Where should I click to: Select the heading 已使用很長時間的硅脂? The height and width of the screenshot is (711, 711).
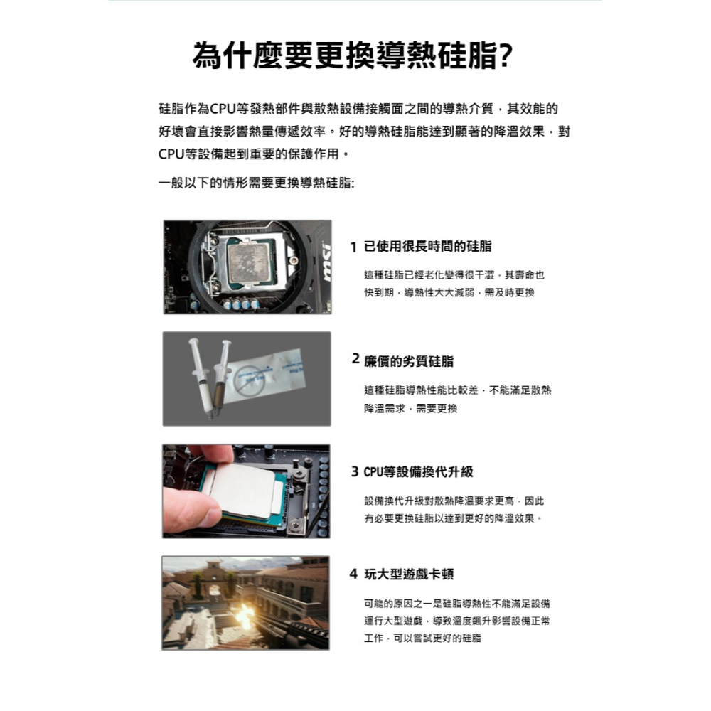click(x=427, y=247)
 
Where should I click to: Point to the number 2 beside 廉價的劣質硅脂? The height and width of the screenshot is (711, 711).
click(x=356, y=360)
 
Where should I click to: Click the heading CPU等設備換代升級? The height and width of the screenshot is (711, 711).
click(x=418, y=472)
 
